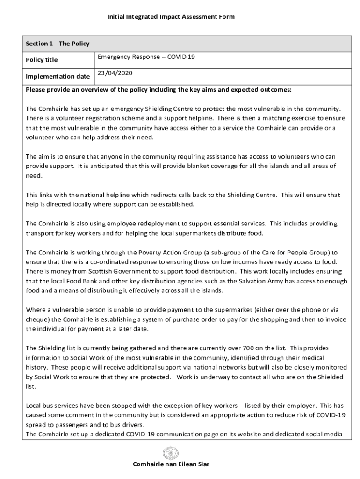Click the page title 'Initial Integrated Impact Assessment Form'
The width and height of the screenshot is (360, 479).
click(x=171, y=17)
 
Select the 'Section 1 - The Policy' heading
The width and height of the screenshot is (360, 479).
click(x=58, y=44)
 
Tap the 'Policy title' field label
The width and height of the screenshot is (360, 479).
click(x=42, y=60)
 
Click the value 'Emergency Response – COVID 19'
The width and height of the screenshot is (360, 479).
click(x=146, y=57)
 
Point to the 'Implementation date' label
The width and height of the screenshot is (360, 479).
click(x=58, y=76)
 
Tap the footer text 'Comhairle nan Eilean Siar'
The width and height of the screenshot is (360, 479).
click(x=171, y=464)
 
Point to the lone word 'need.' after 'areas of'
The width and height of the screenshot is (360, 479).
click(x=34, y=175)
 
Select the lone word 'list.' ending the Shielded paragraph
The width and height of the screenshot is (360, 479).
click(x=31, y=387)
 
